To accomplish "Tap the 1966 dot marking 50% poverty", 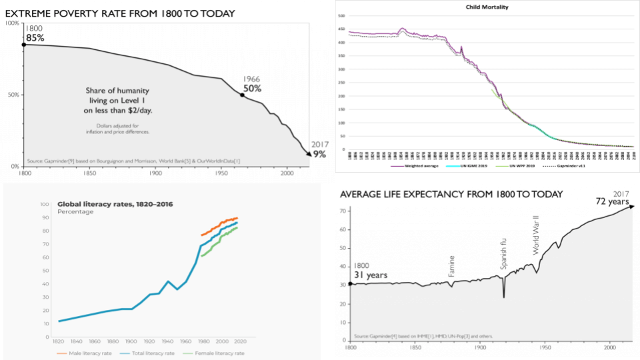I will tap(242, 95).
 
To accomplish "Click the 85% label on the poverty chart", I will tap(35, 38).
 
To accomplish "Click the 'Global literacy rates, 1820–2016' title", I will tap(115, 203).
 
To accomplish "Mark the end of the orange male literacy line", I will tap(237, 218).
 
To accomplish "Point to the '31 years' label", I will tap(370, 274).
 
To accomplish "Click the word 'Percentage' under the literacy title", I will tap(75, 212).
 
